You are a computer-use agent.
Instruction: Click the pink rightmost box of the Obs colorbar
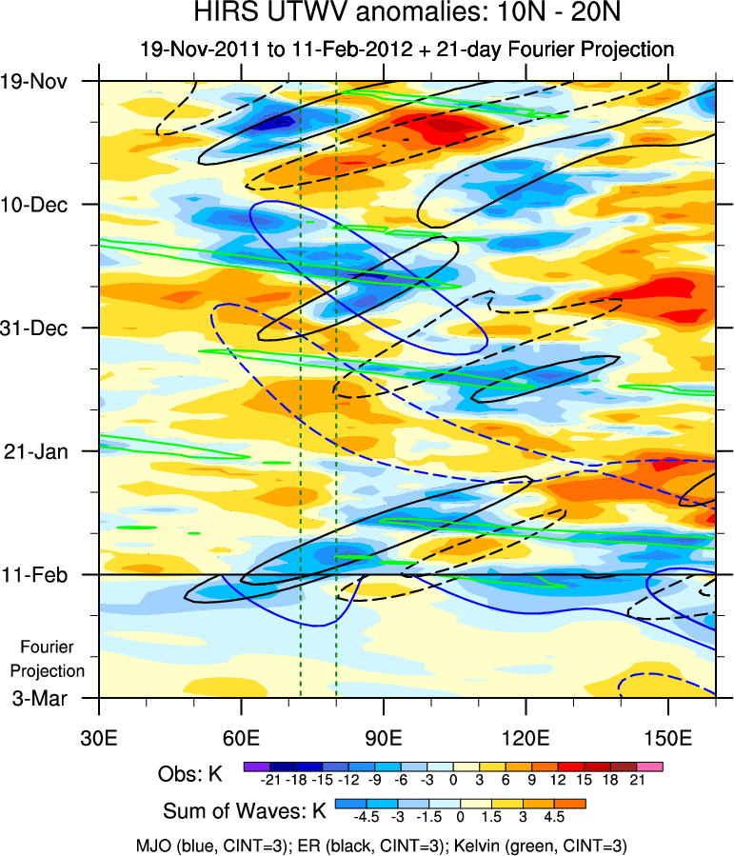coord(650,766)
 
